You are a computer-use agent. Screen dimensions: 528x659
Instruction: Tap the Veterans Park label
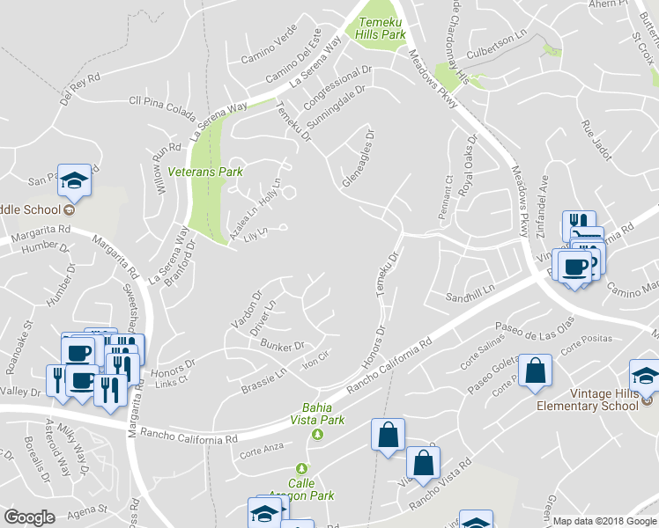205,172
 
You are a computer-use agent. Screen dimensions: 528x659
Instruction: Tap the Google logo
30,517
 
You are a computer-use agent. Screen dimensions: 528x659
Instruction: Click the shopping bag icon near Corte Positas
535,370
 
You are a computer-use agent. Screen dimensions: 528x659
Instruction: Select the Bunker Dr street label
282,346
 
